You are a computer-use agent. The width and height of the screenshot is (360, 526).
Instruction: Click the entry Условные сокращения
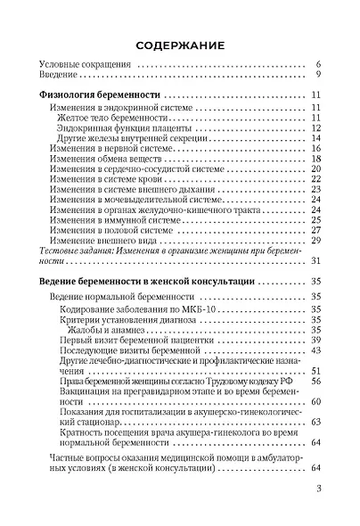click(x=86, y=66)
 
